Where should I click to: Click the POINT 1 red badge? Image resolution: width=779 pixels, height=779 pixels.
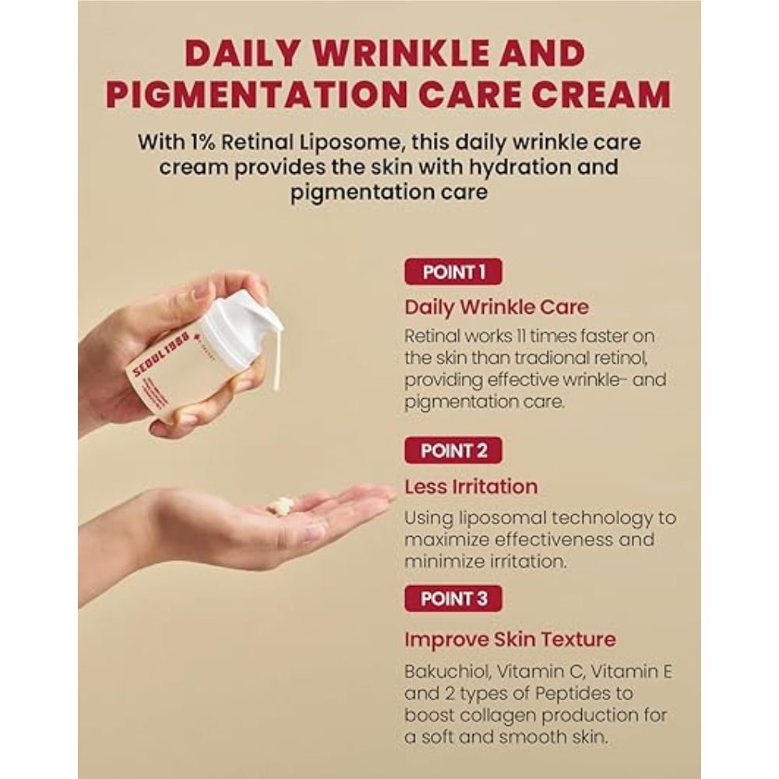(453, 272)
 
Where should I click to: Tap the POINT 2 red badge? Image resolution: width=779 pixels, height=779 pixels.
(453, 450)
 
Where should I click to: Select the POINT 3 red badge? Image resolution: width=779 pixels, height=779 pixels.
(453, 598)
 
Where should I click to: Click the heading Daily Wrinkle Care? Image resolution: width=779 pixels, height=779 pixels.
(496, 307)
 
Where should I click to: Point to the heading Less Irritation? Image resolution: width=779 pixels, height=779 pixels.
(471, 486)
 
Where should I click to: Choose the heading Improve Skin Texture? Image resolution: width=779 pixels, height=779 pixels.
(510, 640)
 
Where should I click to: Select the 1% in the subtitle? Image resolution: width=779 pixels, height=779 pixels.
(203, 143)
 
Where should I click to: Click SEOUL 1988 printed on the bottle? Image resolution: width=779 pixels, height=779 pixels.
(161, 356)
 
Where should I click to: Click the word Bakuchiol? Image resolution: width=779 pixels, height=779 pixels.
(447, 671)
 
